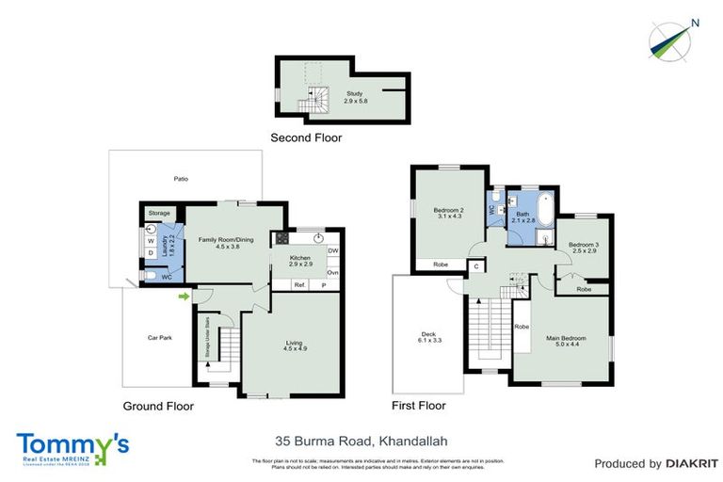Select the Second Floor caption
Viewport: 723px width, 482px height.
pyautogui.click(x=306, y=138)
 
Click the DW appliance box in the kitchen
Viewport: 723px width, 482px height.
pyautogui.click(x=332, y=250)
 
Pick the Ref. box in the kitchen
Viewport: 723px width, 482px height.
pyautogui.click(x=298, y=284)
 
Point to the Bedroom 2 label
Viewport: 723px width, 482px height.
pyautogui.click(x=448, y=213)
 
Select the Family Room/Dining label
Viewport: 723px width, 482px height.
pyautogui.click(x=225, y=243)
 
